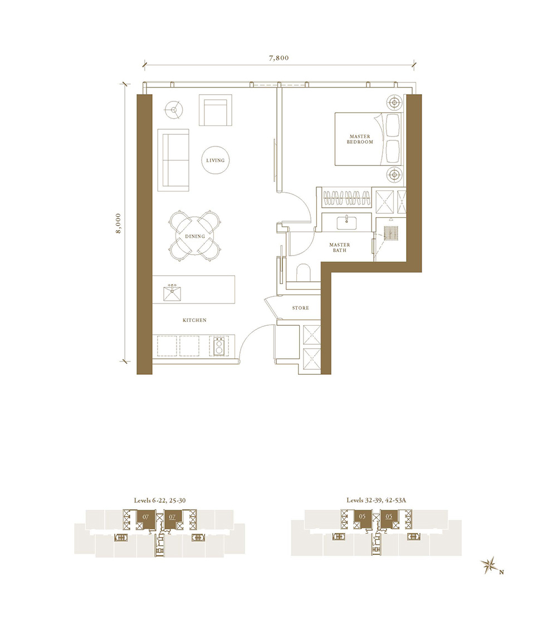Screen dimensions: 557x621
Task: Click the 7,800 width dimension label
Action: coord(279,58)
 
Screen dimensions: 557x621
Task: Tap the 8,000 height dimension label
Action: coord(118,224)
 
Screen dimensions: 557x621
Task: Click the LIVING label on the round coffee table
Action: coord(215,160)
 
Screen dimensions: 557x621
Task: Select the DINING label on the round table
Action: coord(195,237)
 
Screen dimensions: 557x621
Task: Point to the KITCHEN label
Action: coord(194,320)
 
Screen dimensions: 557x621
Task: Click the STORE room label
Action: coord(300,308)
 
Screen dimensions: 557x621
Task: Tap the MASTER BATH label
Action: coord(340,247)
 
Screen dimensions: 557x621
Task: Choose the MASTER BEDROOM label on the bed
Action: coord(360,139)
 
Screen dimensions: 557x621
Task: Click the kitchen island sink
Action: coord(173,294)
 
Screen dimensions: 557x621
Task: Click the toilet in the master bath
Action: coord(304,272)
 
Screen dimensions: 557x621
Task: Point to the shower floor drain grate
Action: coord(390,233)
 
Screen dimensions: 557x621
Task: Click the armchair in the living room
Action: coord(214,110)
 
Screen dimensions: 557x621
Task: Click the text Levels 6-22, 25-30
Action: coord(160,500)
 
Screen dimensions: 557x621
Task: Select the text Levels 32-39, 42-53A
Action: coord(377,500)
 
